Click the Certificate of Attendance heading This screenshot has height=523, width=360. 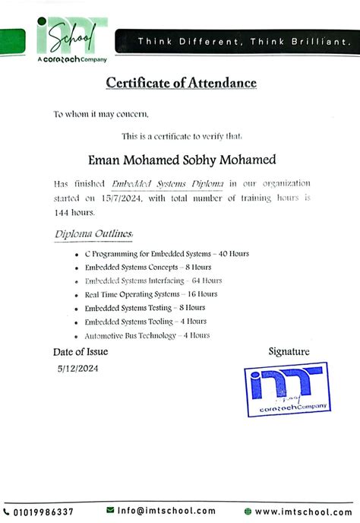181,83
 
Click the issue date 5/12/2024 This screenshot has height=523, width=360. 77,368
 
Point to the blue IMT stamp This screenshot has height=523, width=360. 286,391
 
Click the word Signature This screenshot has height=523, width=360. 289,351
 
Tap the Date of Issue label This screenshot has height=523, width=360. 81,352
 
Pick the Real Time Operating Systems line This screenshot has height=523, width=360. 151,293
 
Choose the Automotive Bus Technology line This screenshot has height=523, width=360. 147,335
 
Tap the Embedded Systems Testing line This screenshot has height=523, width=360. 145,307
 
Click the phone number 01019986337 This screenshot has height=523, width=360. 44,512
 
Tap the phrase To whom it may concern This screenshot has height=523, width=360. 101,115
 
